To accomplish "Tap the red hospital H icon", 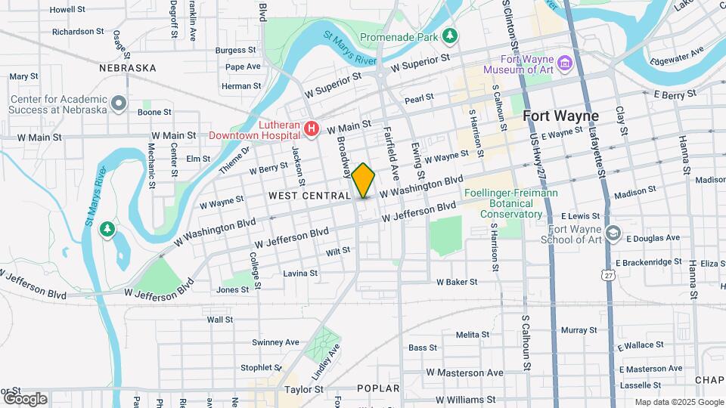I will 311,130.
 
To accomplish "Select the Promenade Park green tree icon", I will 451,36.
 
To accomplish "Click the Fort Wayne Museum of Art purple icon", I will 563,61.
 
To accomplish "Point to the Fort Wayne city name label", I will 560,116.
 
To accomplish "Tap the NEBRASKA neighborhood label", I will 128,68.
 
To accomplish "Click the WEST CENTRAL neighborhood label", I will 309,196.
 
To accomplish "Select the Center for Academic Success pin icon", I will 118,102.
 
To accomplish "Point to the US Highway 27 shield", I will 609,277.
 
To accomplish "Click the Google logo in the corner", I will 25,398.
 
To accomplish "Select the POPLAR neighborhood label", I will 379,388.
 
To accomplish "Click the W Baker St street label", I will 457,282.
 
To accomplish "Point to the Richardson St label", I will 78,32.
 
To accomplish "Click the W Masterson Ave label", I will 464,372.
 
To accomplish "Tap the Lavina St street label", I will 300,273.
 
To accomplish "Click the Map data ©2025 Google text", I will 678,402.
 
